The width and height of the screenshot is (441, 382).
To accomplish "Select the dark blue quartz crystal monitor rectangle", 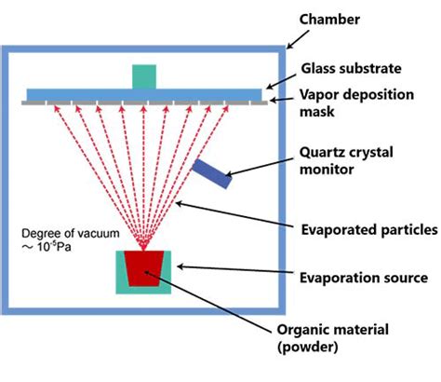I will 212,173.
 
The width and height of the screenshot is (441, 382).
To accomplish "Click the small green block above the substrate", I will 144,76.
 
